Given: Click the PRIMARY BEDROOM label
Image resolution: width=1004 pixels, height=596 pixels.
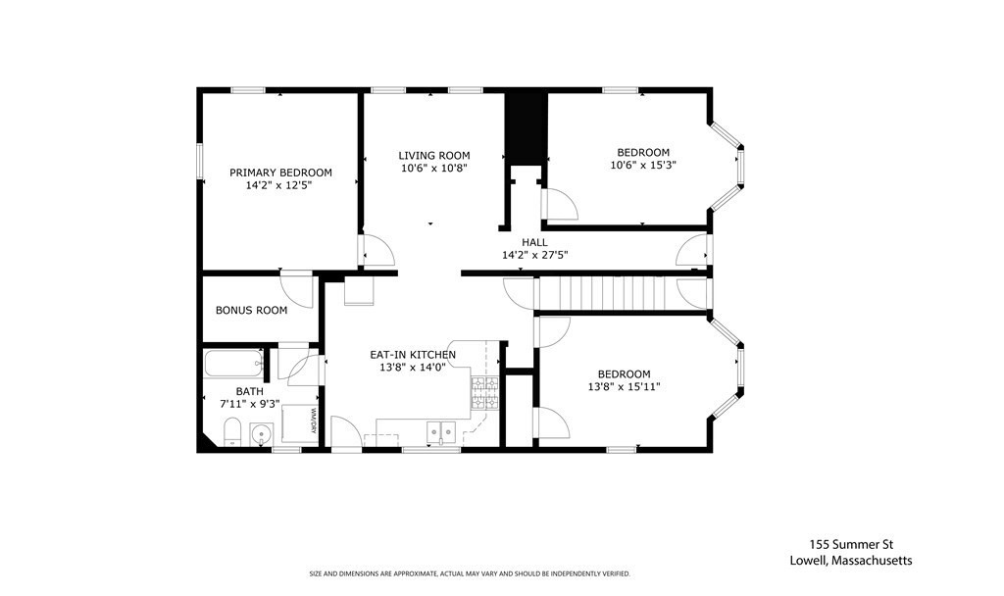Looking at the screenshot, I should click(280, 173).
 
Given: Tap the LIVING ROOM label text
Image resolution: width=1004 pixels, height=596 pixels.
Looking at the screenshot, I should click(433, 155).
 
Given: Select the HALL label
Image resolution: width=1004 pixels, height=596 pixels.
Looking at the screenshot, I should click(534, 242).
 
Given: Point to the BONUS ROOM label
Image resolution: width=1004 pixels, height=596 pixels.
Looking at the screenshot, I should click(252, 311).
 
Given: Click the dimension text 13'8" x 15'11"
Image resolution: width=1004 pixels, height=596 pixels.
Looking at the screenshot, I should click(624, 387).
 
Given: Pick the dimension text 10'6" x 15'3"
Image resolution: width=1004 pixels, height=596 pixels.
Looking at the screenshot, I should click(642, 166).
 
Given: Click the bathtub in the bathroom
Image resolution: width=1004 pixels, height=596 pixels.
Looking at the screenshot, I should click(233, 365).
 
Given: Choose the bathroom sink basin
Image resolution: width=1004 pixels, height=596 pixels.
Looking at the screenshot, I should click(261, 433).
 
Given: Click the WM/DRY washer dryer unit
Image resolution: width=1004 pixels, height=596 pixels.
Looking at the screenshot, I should click(300, 422).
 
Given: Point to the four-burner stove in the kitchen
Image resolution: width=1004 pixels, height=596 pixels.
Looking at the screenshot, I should click(484, 393).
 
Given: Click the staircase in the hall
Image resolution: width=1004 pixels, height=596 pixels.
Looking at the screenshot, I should click(604, 292).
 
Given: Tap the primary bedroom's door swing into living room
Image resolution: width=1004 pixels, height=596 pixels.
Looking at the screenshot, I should click(376, 249).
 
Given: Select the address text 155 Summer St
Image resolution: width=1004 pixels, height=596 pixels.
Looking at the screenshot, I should click(850, 544).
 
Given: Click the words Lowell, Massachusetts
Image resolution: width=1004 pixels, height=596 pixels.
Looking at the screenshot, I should click(850, 561).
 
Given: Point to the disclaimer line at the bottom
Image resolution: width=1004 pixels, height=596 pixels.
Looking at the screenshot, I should click(469, 573).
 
